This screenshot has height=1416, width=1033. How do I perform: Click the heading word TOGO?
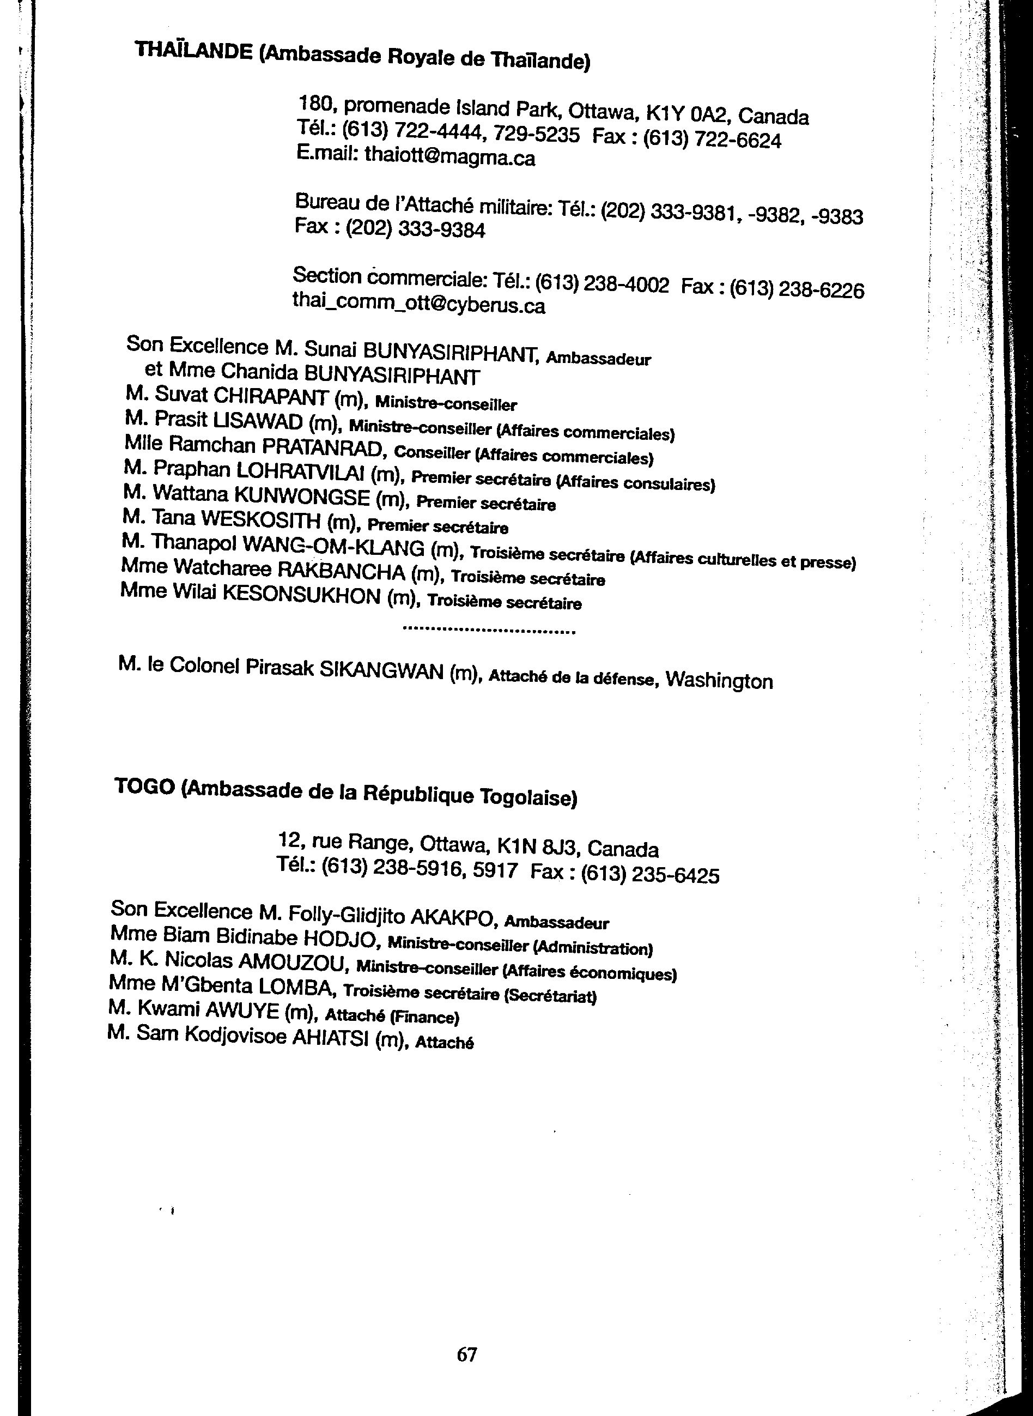(144, 788)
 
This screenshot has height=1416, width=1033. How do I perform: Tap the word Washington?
(719, 680)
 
